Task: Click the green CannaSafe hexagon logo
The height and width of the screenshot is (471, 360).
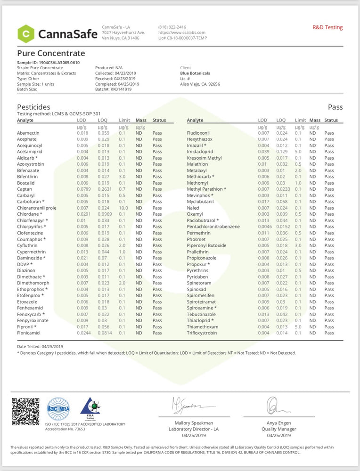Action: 26,33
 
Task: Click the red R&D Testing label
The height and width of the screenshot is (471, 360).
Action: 327,28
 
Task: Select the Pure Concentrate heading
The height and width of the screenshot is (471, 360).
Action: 51,53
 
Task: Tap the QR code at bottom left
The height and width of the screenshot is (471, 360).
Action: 25,412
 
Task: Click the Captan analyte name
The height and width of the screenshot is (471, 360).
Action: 25,189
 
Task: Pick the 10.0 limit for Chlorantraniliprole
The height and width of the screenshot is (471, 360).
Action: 123,208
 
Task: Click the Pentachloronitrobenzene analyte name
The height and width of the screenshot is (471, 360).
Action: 213,227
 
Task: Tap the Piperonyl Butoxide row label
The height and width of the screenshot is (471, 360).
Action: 206,245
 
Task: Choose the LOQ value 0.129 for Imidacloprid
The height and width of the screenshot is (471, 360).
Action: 282,152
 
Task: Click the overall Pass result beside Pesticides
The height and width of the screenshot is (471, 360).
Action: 335,107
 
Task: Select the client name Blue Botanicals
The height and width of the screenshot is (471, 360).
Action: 195,73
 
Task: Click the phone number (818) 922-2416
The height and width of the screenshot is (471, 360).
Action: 172,27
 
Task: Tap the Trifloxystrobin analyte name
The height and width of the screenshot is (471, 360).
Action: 202,333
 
